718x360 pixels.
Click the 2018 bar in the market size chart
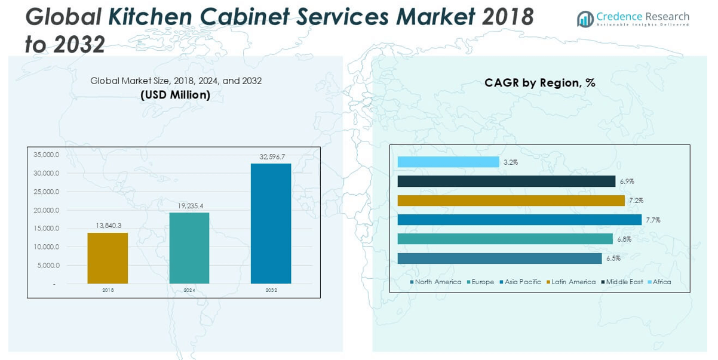point(108,258)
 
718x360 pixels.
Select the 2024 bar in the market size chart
point(189,248)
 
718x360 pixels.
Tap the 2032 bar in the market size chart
point(271,223)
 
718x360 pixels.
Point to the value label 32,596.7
point(272,156)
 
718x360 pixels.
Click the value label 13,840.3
point(108,226)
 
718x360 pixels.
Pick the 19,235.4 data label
point(190,206)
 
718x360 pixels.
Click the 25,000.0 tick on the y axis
point(47,192)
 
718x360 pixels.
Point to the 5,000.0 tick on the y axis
point(48,265)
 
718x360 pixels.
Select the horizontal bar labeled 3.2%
point(448,162)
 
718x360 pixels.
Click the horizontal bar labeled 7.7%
point(519,220)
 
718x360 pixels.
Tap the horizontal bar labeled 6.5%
point(499,259)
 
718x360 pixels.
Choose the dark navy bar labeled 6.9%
point(506,181)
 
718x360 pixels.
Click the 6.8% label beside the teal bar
point(624,239)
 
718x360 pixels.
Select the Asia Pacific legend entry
point(523,282)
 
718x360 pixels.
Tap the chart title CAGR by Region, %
point(539,83)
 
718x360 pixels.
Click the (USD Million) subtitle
point(176,95)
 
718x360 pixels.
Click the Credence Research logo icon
point(585,19)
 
